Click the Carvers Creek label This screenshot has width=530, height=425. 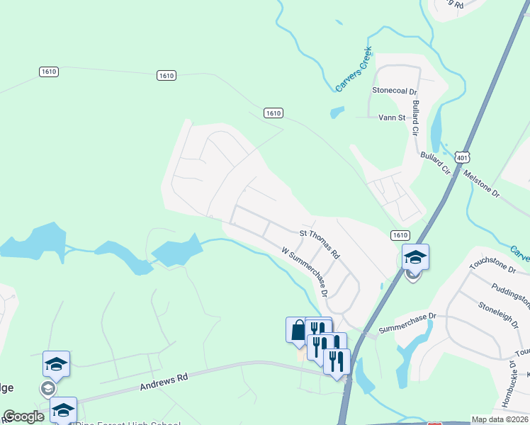point(354,72)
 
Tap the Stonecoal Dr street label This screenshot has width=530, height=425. point(395,91)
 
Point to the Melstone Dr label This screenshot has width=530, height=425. point(482,183)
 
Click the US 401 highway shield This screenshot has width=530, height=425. point(461,158)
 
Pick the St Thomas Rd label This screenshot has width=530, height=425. point(320,243)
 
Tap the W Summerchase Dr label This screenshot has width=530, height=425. point(305,271)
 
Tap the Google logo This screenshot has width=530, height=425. point(23,416)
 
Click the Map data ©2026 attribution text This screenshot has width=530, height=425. point(500,419)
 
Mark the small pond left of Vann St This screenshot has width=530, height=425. point(337,112)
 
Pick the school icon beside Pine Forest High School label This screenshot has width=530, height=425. point(63,409)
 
